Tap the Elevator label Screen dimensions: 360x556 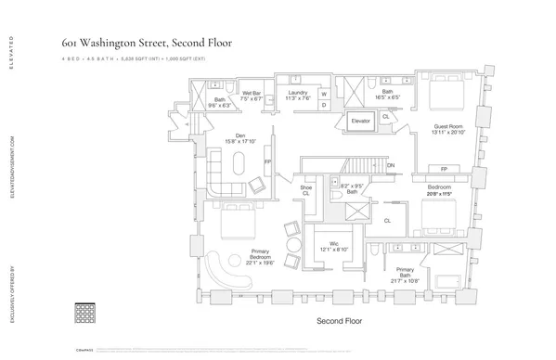pyautogui.click(x=359, y=121)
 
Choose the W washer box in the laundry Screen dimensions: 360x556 pyautogui.click(x=325, y=93)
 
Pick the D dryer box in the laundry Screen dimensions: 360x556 pyautogui.click(x=325, y=105)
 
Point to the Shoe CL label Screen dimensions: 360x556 pyautogui.click(x=305, y=189)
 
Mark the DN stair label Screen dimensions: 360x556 pyautogui.click(x=390, y=166)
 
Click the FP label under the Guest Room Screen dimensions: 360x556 pyautogui.click(x=444, y=169)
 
